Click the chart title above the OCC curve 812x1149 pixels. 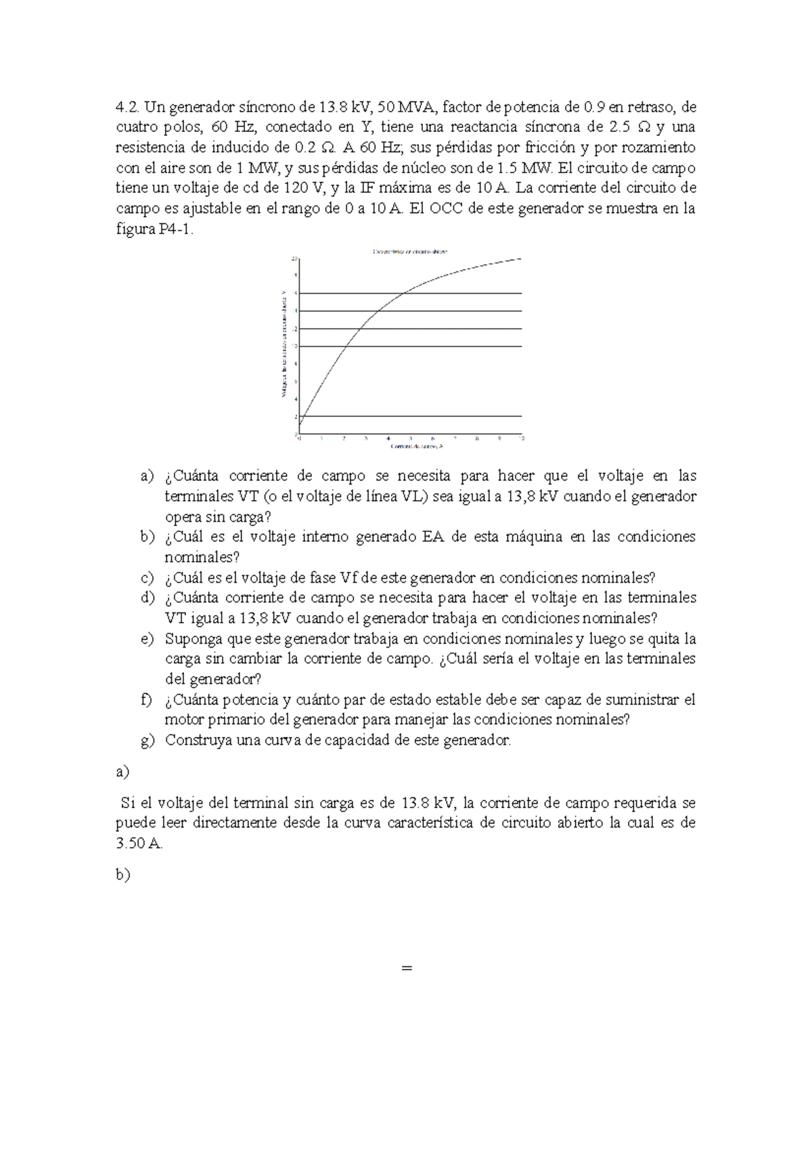point(410,251)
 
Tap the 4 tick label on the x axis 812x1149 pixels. point(388,438)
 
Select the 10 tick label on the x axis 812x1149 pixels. point(521,438)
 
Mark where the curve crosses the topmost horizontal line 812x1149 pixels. point(403,293)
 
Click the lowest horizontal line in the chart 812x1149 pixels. point(410,416)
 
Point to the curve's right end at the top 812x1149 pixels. point(520,258)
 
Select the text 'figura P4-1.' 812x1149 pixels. point(155,229)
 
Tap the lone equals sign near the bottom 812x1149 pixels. point(406,968)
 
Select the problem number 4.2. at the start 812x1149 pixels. point(127,106)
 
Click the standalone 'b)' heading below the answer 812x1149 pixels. point(122,875)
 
